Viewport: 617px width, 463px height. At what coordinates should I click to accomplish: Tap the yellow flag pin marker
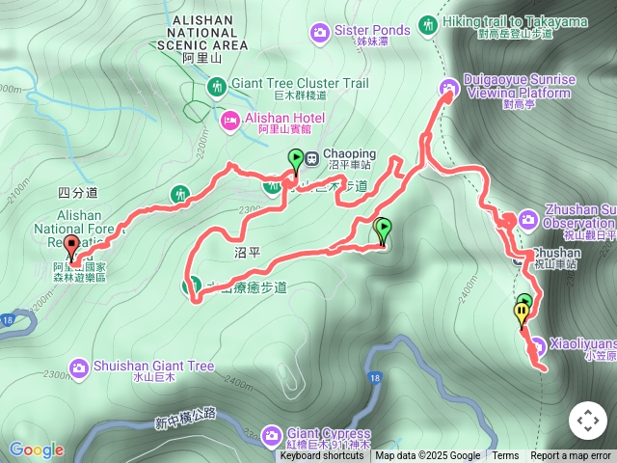pos(523,313)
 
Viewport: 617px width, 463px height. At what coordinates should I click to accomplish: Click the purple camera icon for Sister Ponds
pos(319,34)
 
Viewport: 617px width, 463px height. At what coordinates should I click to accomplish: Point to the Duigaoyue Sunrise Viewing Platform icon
pos(448,91)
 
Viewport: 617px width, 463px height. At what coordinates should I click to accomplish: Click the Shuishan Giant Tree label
pos(153,367)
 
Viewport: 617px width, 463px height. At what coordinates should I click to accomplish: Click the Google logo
pos(37,449)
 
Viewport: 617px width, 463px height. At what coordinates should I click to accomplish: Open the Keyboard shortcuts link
pos(322,456)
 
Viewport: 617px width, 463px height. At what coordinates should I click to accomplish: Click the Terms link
pos(505,456)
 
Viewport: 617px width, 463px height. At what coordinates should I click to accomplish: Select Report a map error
pos(571,456)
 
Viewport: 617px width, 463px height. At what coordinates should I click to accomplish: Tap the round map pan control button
pos(588,421)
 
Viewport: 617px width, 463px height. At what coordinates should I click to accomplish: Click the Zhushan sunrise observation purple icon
pos(527,218)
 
